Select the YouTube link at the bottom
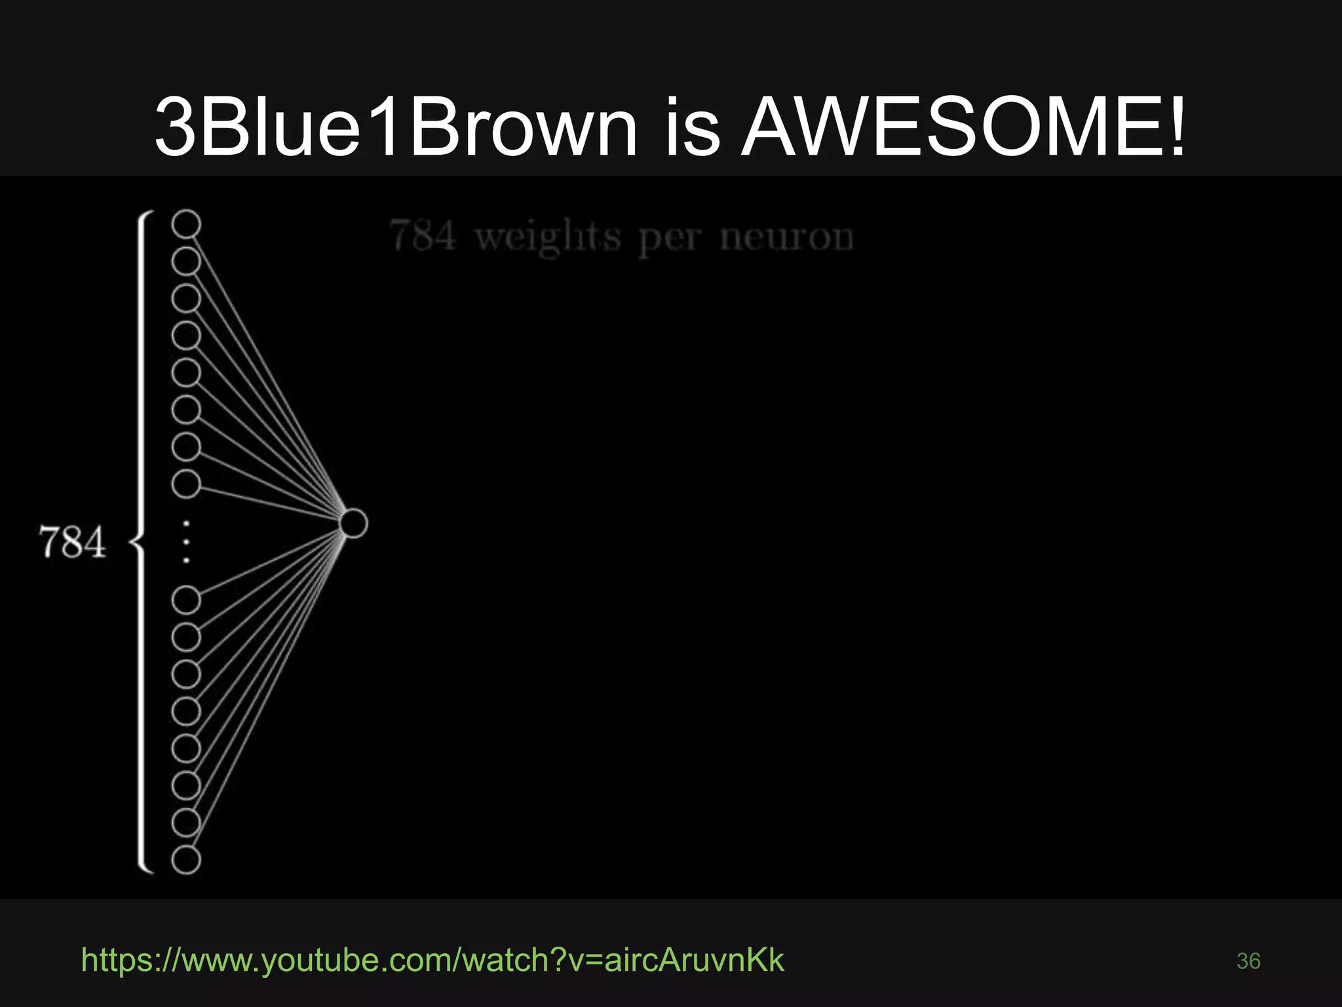tap(432, 960)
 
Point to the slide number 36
tap(1248, 961)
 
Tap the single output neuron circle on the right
tap(354, 523)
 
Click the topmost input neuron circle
tap(186, 224)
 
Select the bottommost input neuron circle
tap(186, 860)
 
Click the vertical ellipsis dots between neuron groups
tap(187, 542)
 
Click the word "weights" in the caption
tap(548, 237)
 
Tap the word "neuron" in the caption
tap(786, 237)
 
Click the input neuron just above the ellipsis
tap(186, 484)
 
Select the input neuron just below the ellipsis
tap(186, 600)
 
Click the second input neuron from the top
tap(186, 262)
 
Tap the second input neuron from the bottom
tap(186, 823)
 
